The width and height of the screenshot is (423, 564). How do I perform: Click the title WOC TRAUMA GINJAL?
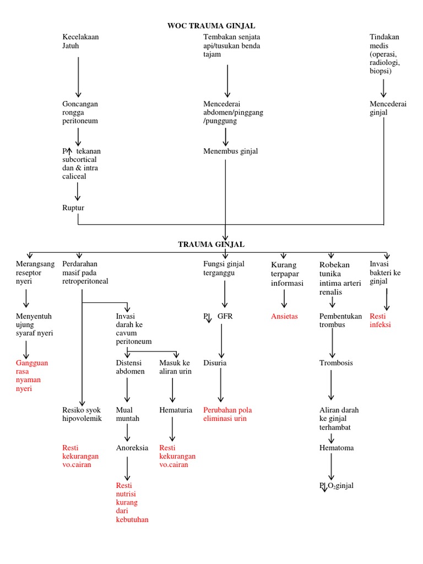(x=211, y=26)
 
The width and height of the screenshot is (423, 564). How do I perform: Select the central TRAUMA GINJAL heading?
(x=211, y=244)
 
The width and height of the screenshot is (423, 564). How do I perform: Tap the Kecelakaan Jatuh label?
(x=80, y=41)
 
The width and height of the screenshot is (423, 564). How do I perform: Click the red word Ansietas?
(x=284, y=317)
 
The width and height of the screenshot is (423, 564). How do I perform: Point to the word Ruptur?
(x=73, y=208)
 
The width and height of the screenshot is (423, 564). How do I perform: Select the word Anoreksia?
(x=132, y=448)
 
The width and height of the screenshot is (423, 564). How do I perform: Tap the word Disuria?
(x=215, y=364)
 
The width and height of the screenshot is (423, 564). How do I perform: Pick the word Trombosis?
(x=336, y=364)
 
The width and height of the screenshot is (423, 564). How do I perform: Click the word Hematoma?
(x=337, y=448)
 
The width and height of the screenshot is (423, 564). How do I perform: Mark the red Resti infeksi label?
(x=380, y=321)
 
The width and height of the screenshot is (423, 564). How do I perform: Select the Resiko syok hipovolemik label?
(x=82, y=414)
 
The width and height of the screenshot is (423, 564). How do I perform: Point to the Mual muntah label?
(x=128, y=414)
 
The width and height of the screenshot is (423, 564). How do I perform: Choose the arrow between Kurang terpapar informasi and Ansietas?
(x=284, y=299)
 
